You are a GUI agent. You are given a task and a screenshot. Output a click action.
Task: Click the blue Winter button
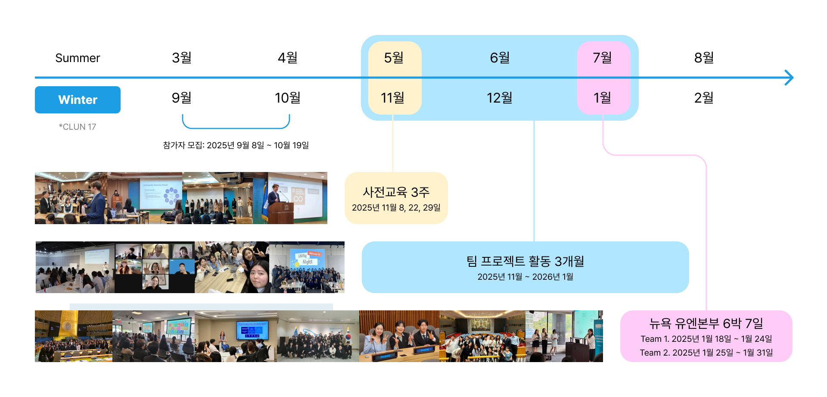click(x=78, y=100)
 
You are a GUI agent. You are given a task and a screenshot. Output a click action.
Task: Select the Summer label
click(x=78, y=58)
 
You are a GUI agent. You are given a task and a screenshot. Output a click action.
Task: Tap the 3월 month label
click(x=181, y=57)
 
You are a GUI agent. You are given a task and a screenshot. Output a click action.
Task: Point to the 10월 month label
click(x=287, y=98)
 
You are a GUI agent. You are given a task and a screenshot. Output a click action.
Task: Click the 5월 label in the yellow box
click(x=394, y=57)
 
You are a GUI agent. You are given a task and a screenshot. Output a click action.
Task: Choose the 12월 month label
click(x=499, y=98)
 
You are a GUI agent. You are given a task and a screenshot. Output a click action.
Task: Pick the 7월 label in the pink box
click(x=602, y=57)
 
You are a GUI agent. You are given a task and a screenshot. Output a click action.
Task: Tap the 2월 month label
click(x=704, y=98)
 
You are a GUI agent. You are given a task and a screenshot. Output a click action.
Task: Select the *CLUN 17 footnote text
click(x=78, y=127)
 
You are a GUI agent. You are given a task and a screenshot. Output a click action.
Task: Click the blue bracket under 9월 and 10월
click(x=236, y=128)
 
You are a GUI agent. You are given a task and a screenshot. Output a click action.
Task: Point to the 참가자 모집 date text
click(x=236, y=145)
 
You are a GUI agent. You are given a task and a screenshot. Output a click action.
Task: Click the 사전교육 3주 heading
click(x=396, y=192)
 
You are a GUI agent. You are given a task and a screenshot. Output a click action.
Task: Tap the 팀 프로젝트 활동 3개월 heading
click(x=525, y=261)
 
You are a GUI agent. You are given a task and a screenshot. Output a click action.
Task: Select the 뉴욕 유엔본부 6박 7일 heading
click(x=706, y=323)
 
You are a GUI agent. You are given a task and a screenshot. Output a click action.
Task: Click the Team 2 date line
click(x=706, y=353)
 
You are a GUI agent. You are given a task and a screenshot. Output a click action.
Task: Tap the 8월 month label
click(x=704, y=57)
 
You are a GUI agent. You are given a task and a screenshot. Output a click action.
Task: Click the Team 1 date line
click(x=706, y=339)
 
